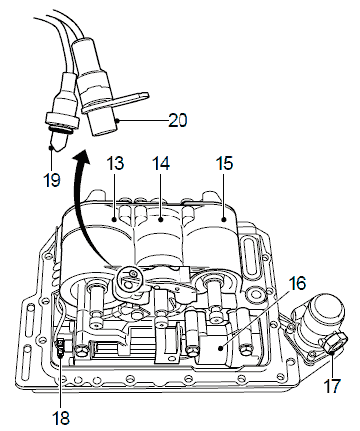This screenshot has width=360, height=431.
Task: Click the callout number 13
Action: pyautogui.click(x=116, y=163)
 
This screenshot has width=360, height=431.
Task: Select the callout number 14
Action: pyautogui.click(x=161, y=163)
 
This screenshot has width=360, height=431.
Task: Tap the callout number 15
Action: pyautogui.click(x=224, y=163)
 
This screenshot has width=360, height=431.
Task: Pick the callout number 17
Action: pyautogui.click(x=332, y=386)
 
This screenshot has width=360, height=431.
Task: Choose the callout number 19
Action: pyautogui.click(x=52, y=180)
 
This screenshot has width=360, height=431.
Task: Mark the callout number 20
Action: pyautogui.click(x=178, y=120)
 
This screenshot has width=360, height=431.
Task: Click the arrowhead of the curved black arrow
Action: pyautogui.click(x=81, y=158)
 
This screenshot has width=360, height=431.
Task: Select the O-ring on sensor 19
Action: pyautogui.click(x=61, y=130)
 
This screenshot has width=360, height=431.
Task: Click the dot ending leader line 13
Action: pyautogui.click(x=114, y=219)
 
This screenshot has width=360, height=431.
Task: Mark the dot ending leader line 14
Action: pyautogui.click(x=161, y=219)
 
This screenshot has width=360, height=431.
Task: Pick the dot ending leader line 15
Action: pyautogui.click(x=224, y=219)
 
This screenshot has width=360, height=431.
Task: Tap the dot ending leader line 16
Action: pyautogui.click(x=220, y=348)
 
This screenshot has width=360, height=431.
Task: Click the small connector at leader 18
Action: pyautogui.click(x=61, y=346)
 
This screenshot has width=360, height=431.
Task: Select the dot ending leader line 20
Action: pyautogui.click(x=118, y=120)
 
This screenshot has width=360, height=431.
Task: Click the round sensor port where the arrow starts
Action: pyautogui.click(x=130, y=277)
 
